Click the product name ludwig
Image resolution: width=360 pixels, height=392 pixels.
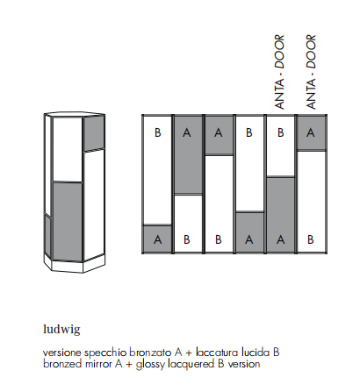coord(61,329)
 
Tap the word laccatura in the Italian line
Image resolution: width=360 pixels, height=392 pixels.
coord(217,353)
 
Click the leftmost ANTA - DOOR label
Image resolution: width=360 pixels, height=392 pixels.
coord(279,72)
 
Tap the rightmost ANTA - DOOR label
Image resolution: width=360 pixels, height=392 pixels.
coord(311,72)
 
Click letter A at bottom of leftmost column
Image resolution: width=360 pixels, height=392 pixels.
coord(157,239)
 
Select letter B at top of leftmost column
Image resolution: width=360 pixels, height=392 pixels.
coord(157,132)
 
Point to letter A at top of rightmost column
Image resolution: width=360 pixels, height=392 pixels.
coord(311,132)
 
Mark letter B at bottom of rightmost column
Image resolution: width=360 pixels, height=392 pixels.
coord(311,239)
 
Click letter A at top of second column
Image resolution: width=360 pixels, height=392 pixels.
coord(186,132)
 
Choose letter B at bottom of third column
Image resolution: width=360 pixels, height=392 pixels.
coord(218,239)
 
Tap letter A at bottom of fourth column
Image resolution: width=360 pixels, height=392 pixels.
coord(248,239)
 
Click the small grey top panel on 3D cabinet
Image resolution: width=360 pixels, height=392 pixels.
coord(94,133)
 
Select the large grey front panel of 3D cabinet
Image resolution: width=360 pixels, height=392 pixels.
coord(67,222)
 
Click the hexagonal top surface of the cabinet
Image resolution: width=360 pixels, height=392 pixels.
coord(75,115)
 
